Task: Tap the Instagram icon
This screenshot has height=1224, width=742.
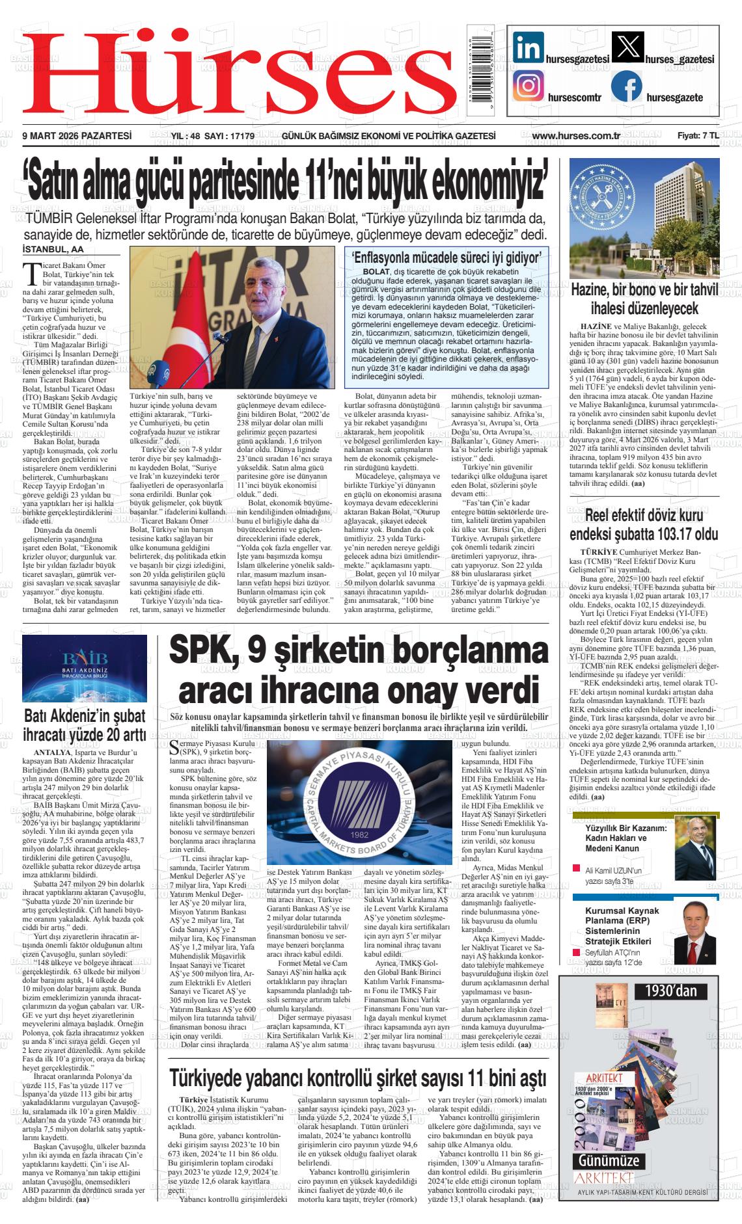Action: coord(528,86)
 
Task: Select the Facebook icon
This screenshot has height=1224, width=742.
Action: coord(627,86)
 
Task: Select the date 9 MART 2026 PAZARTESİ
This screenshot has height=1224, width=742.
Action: coord(77,136)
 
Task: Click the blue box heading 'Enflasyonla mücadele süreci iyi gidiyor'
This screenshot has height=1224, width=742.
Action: coord(446,258)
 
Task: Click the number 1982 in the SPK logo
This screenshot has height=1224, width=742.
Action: coord(359,834)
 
